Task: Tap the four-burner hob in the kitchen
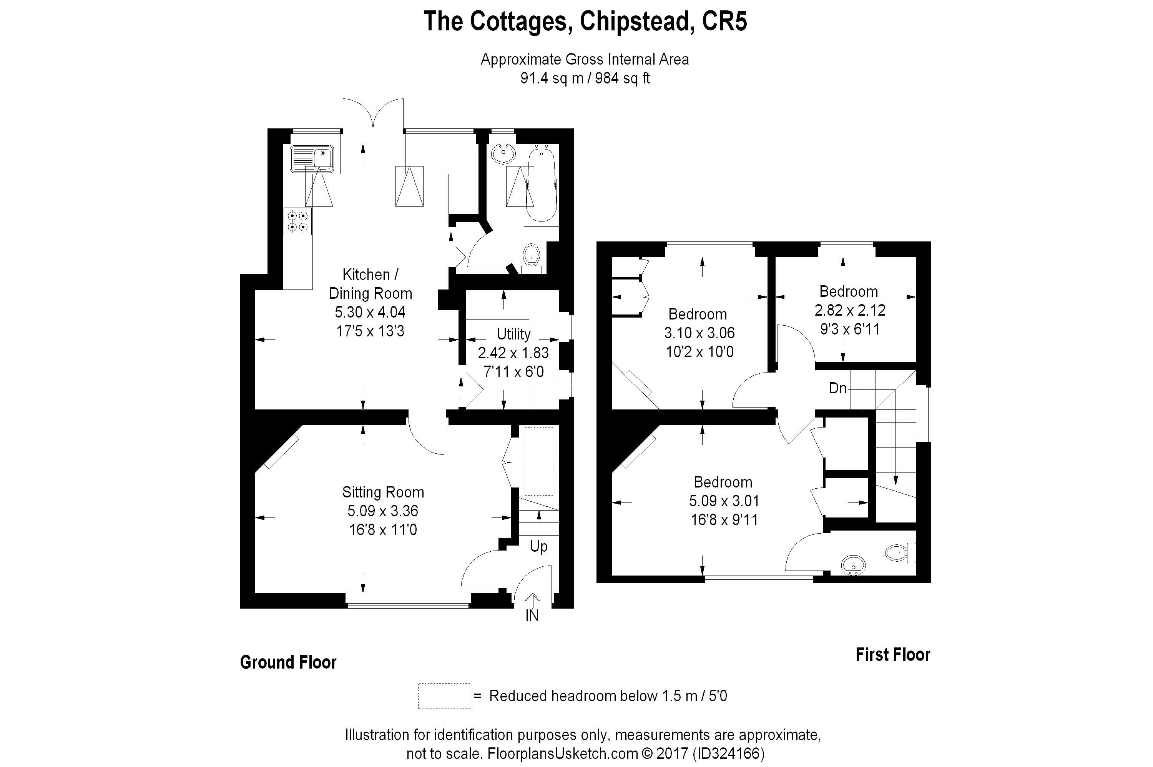298,221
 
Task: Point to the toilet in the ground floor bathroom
531,256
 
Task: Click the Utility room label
513,334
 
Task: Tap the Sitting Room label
383,492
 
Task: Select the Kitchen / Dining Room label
370,284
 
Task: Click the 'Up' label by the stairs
538,546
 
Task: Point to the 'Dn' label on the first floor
837,388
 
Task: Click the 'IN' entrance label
532,616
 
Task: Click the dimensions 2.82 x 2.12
850,310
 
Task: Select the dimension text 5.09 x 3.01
724,501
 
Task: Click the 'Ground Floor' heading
288,662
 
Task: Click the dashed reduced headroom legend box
444,695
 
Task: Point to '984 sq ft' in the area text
622,78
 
